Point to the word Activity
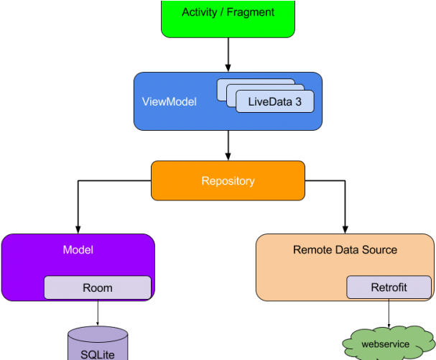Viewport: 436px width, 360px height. tap(200, 12)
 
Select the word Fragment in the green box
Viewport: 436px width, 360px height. tap(251, 12)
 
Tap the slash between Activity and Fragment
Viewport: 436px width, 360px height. tap(222, 12)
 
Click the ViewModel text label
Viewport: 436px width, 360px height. tap(169, 101)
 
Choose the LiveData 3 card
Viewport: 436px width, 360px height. tap(274, 102)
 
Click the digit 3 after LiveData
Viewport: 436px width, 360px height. tap(298, 101)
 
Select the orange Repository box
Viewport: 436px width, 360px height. tap(228, 180)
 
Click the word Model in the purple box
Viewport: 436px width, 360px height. tap(78, 250)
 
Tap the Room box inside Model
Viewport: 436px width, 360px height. tap(98, 287)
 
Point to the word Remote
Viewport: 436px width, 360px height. tap(313, 250)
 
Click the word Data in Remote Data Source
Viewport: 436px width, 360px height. tap(349, 250)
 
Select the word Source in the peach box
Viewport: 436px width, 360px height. tap(380, 250)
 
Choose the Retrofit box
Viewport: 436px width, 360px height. tap(389, 287)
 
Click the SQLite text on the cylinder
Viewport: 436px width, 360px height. tap(98, 354)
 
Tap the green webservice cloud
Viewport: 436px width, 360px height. tap(385, 344)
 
